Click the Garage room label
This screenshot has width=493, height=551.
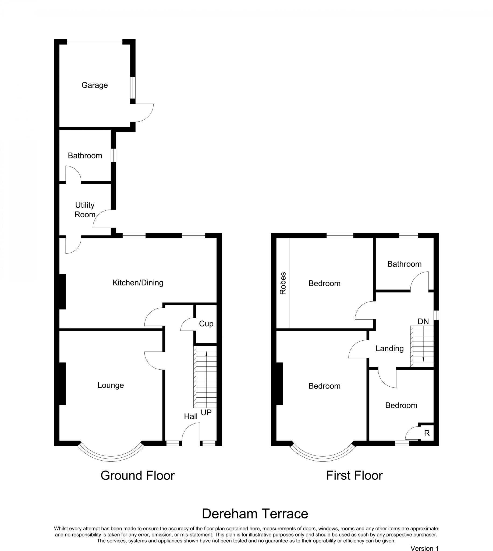[x=94, y=85]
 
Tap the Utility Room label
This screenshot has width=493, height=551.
[x=85, y=210]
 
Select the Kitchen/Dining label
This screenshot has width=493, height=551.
[x=138, y=282]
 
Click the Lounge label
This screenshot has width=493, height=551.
[x=111, y=385]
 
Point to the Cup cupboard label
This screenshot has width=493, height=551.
[x=206, y=323]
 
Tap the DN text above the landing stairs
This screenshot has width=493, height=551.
[x=423, y=321]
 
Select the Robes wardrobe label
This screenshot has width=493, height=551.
[x=282, y=283]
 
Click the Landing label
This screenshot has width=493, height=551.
[x=389, y=348]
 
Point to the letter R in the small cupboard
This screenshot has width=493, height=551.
[x=427, y=433]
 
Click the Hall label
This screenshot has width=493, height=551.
[x=191, y=416]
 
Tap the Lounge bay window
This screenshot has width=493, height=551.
[x=111, y=458]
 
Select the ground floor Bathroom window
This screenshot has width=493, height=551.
[x=114, y=155]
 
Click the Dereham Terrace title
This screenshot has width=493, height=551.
[x=255, y=514]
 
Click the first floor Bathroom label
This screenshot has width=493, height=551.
[x=404, y=264]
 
